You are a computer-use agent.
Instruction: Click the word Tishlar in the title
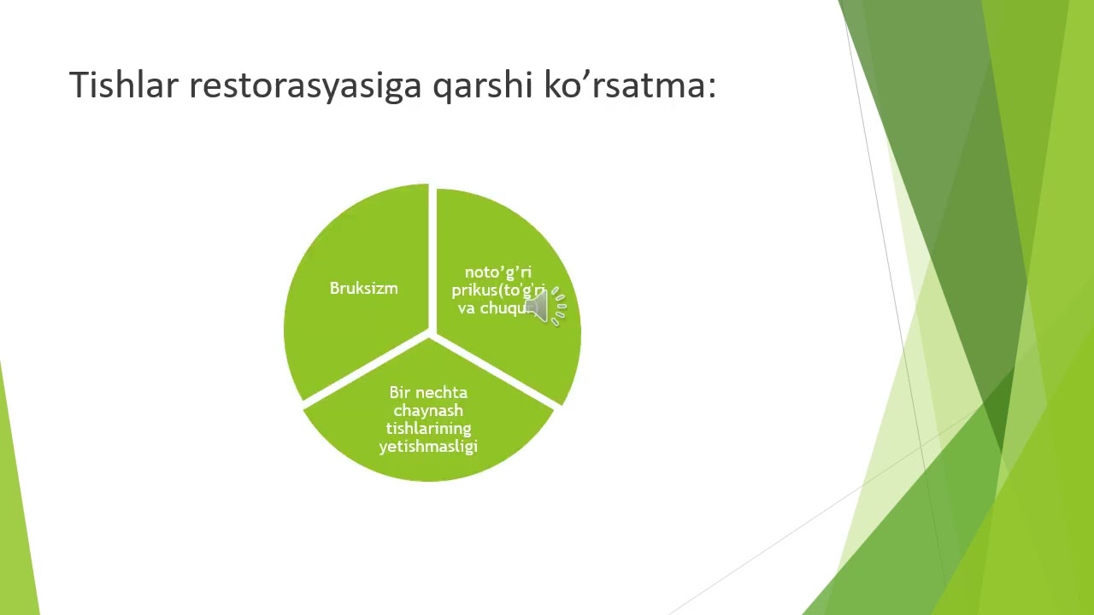click(123, 85)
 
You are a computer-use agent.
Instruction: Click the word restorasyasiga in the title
click(305, 85)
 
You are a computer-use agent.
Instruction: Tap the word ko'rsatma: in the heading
click(630, 85)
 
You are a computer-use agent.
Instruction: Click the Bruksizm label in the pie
click(363, 289)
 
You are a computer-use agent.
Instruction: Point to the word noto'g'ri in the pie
click(497, 272)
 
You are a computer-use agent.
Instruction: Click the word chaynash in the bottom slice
click(428, 411)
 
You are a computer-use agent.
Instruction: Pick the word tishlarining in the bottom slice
click(428, 429)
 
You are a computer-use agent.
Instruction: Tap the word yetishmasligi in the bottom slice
click(428, 447)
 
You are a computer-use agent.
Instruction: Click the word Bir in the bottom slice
click(399, 393)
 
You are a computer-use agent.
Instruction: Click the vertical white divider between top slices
click(432, 256)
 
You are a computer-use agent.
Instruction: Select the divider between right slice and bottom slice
click(496, 372)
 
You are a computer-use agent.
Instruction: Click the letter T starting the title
click(76, 85)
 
